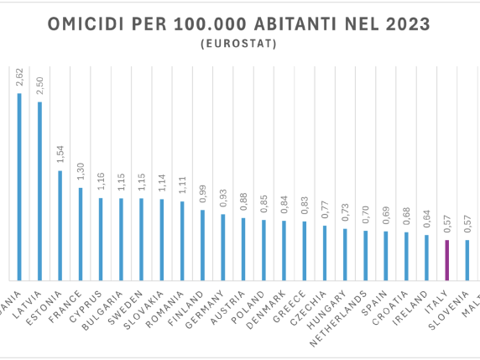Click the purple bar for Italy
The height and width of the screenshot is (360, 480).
(x=446, y=260)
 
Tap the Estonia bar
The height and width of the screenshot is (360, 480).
(x=60, y=225)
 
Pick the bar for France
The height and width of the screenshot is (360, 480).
(x=80, y=233)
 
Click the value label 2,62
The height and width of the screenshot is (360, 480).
(x=19, y=78)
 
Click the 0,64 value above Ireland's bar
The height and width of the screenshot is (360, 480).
(x=426, y=220)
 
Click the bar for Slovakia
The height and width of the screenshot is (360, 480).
(x=161, y=239)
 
